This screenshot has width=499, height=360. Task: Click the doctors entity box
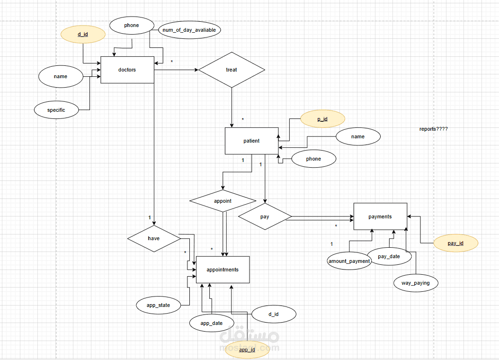tap(127, 70)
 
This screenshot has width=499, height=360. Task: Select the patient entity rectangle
tap(251, 141)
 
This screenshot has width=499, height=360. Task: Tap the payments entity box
tap(380, 216)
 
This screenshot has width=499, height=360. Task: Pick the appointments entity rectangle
tap(223, 270)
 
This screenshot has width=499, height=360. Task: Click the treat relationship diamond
tap(232, 70)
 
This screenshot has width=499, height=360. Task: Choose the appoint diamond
tap(223, 201)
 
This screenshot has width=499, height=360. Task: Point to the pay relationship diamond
tap(265, 216)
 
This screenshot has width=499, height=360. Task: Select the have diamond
tap(154, 238)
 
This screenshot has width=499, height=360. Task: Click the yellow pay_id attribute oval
tap(456, 243)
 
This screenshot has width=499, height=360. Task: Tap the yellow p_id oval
tap(322, 119)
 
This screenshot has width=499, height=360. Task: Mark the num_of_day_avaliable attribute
tap(189, 30)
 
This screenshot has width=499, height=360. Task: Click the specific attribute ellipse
tap(56, 110)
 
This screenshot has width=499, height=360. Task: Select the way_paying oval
tap(416, 283)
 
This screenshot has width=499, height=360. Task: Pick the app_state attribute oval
tap(159, 305)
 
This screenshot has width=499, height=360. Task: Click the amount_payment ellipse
tap(348, 261)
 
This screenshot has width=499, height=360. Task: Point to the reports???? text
tap(433, 129)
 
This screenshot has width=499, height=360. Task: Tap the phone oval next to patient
tap(313, 159)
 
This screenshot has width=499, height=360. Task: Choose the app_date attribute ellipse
tap(211, 323)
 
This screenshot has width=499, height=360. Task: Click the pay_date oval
tap(389, 256)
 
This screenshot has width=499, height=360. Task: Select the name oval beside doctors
tap(61, 76)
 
